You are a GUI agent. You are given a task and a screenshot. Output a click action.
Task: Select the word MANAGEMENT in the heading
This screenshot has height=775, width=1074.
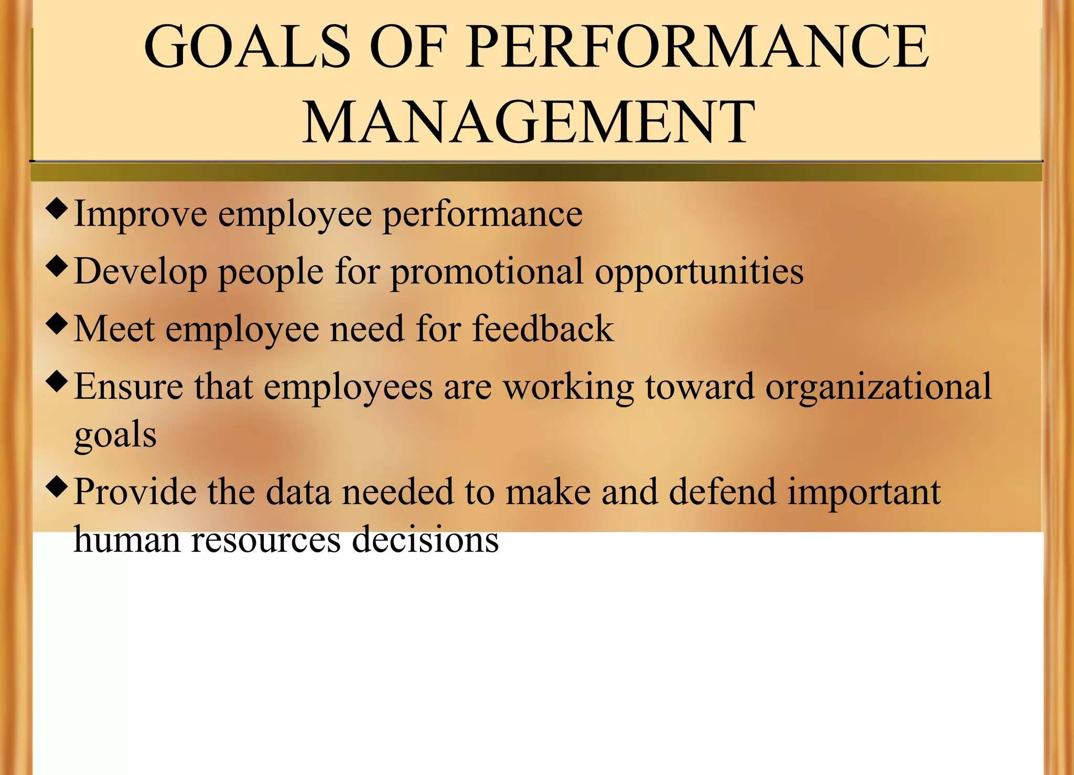(x=529, y=123)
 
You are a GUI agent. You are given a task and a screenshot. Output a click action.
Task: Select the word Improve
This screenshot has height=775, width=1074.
(x=141, y=214)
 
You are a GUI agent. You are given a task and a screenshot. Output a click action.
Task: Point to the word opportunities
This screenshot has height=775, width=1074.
(x=699, y=272)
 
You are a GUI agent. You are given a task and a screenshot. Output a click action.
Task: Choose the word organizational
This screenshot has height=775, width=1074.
(x=878, y=388)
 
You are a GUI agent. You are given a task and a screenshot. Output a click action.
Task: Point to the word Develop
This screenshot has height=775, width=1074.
(x=141, y=272)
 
